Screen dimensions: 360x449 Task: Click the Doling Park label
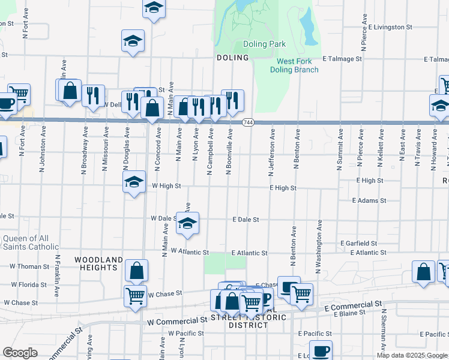tap(264, 44)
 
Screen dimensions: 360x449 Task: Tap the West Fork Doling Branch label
tap(297, 65)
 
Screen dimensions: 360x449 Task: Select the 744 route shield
tap(247, 122)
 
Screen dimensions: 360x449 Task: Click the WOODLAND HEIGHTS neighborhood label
tap(98, 264)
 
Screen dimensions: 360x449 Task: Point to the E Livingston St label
tap(390, 27)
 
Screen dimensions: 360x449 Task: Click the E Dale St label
tap(246, 220)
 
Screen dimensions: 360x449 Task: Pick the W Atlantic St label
tap(189, 253)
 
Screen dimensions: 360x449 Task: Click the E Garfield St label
tap(358, 244)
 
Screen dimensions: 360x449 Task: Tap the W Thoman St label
tap(29, 266)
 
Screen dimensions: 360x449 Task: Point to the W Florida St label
tap(28, 284)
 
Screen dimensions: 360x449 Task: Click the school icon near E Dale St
tap(188, 223)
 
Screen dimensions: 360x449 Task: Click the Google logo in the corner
tap(20, 353)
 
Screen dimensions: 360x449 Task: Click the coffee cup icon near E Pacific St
tap(321, 350)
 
